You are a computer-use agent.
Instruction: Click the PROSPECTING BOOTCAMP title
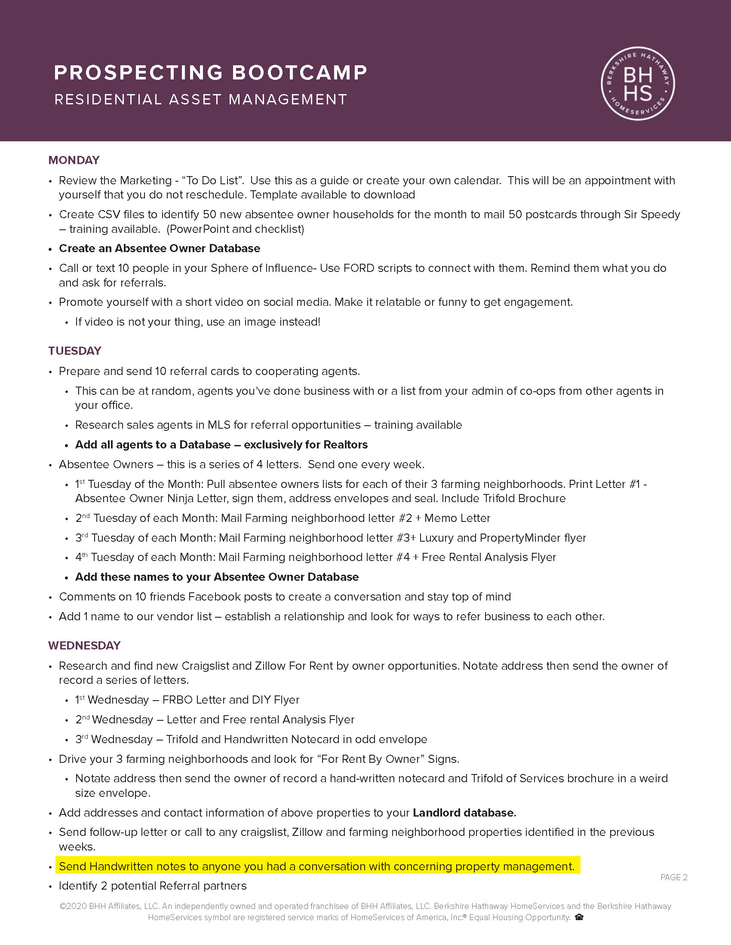coord(210,73)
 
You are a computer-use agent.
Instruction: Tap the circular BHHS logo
coord(638,83)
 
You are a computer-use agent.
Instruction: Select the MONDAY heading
coord(74,160)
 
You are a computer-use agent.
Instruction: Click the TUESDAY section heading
coord(74,351)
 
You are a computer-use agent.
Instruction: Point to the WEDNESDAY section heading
coord(84,645)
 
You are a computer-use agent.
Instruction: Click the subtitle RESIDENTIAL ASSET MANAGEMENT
coord(200,100)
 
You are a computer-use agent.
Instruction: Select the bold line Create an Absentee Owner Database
coord(160,248)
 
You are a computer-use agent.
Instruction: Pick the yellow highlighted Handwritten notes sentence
coord(316,866)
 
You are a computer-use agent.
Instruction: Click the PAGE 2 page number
coord(674,877)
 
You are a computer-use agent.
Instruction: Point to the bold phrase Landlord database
coord(464,813)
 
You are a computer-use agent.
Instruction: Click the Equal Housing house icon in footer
coord(579,917)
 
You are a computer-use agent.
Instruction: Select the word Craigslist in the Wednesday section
coord(205,665)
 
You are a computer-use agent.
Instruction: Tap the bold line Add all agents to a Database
coord(221,445)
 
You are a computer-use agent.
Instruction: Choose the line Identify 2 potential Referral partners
coord(153,886)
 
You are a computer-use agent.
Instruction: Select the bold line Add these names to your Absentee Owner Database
coord(217,577)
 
